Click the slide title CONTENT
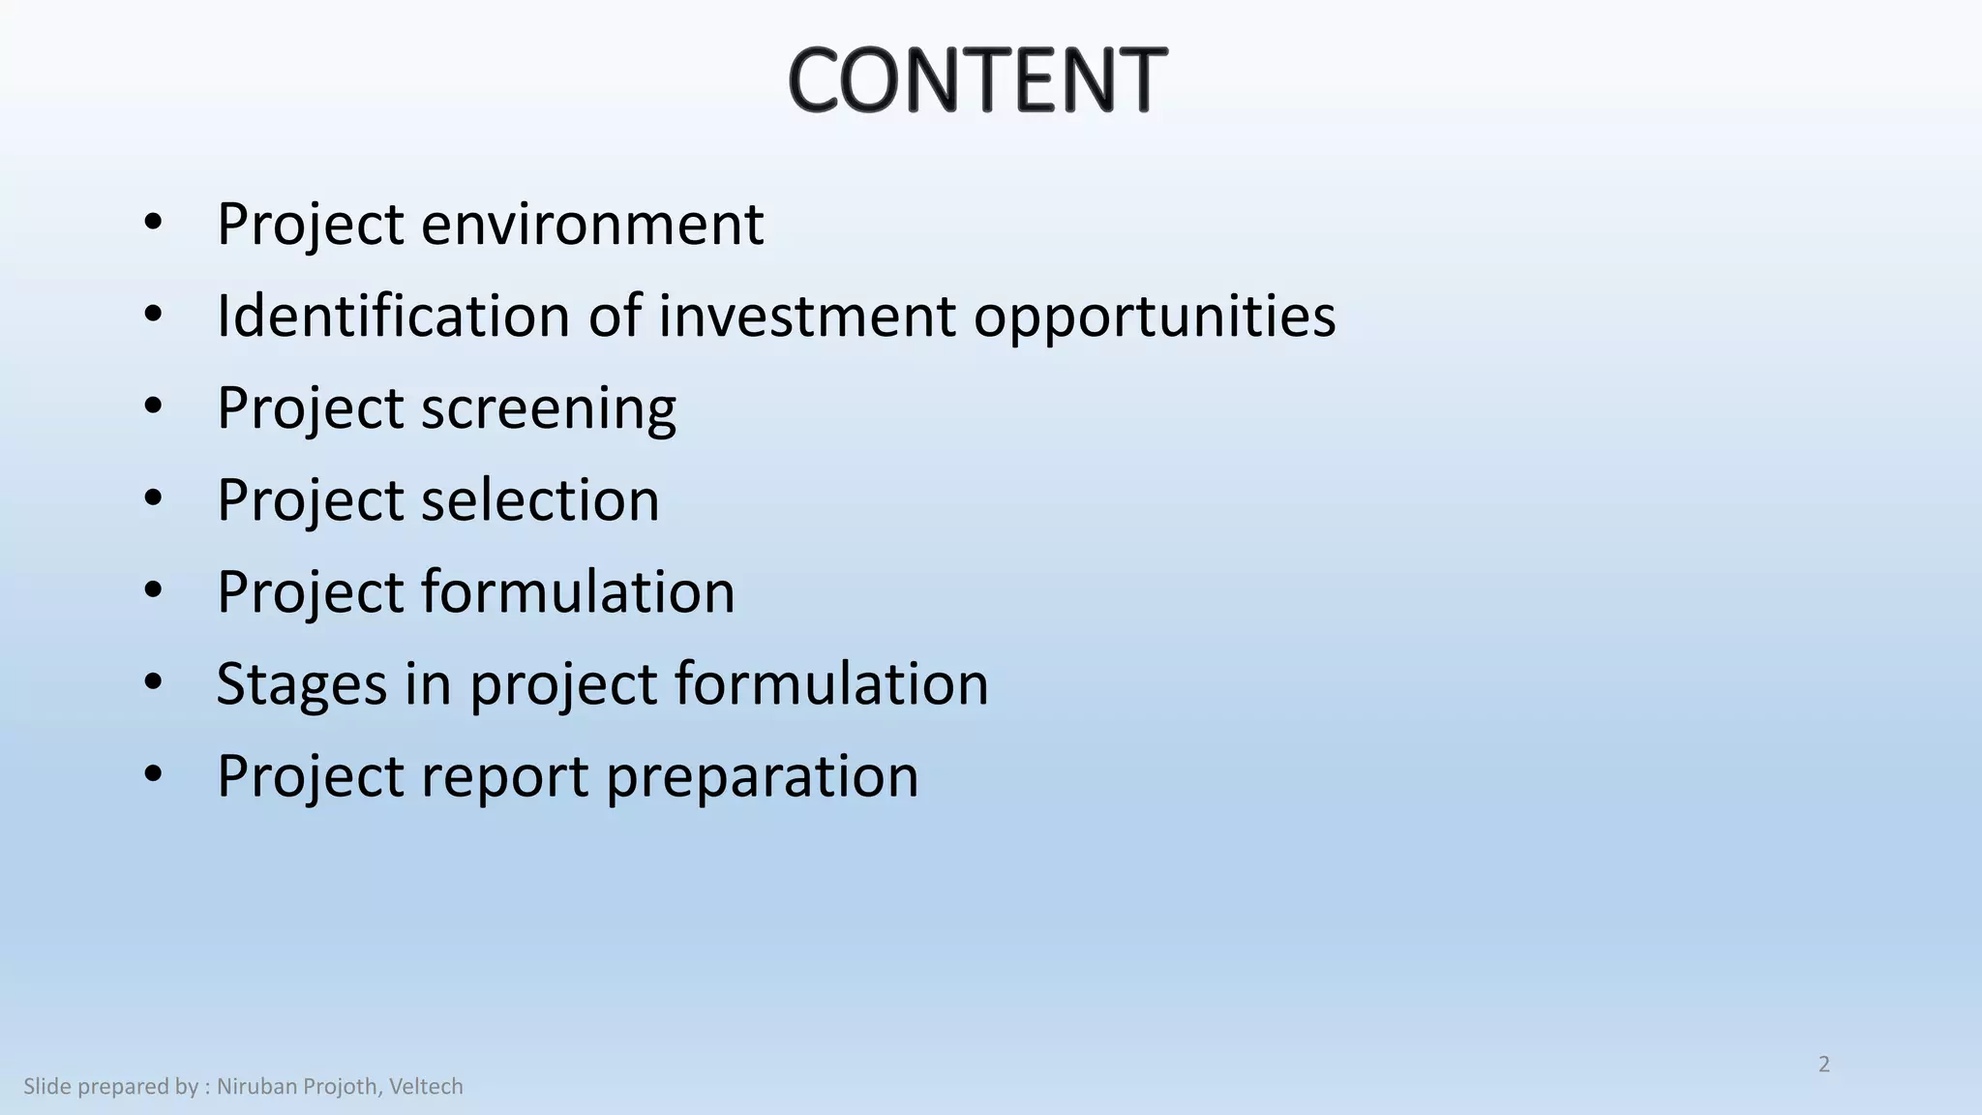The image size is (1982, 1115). click(x=977, y=79)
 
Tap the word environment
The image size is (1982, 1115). click(x=592, y=225)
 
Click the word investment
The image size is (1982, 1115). click(x=807, y=316)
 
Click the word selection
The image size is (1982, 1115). click(x=540, y=500)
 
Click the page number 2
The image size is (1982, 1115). click(x=1824, y=1065)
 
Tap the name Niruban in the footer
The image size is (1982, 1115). click(x=256, y=1087)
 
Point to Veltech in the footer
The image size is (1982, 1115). click(x=426, y=1087)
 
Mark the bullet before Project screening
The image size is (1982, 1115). click(x=153, y=407)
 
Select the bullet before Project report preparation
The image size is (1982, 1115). click(x=153, y=775)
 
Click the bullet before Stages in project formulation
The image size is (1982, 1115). click(x=153, y=683)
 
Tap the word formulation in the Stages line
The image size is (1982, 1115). click(x=831, y=684)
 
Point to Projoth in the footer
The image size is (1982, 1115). click(x=341, y=1087)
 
